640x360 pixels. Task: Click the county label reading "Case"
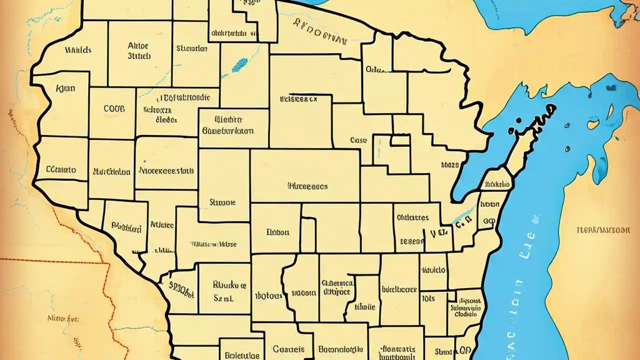tap(359, 141)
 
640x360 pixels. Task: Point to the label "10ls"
tap(428, 298)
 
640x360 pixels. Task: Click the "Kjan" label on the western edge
tap(65, 88)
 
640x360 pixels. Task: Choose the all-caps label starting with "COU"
tap(114, 108)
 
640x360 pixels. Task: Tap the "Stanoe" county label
tap(222, 202)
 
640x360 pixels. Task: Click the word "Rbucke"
tap(229, 285)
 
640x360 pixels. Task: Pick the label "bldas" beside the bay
tap(449, 163)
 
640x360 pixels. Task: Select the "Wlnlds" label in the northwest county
tap(77, 50)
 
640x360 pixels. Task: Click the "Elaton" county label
tap(278, 232)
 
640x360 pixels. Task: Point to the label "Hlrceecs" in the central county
tap(307, 186)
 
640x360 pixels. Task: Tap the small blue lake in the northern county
tap(239, 64)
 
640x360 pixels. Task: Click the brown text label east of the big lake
tap(603, 230)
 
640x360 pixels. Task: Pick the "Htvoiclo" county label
tap(433, 270)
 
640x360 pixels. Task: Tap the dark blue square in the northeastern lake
tap(611, 88)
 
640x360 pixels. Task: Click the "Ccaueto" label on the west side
tap(61, 169)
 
